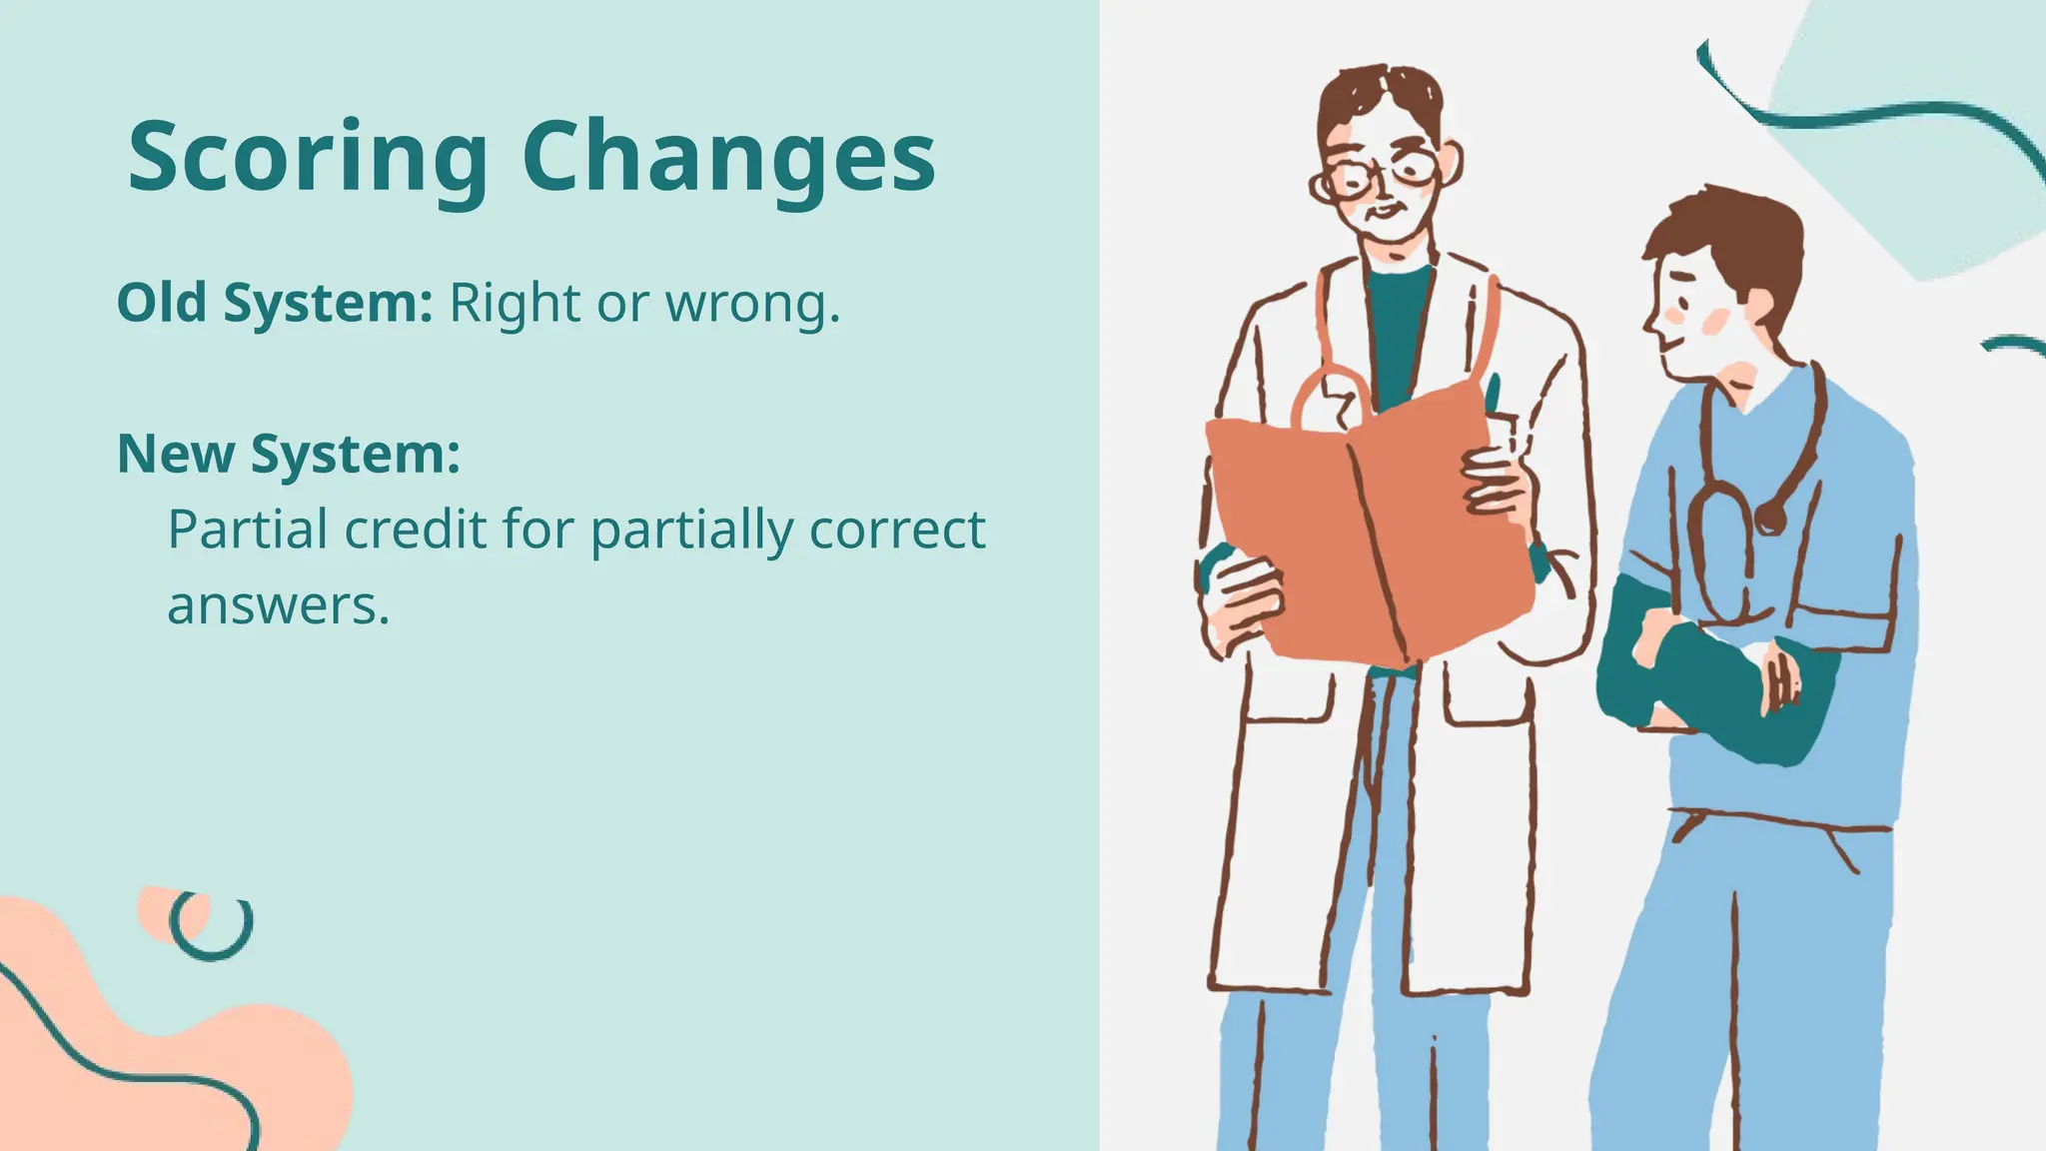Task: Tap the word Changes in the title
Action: coord(728,158)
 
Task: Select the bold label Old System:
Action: coord(275,303)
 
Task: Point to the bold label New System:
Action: coord(289,454)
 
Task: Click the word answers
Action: coord(278,605)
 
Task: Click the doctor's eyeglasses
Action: coord(1384,176)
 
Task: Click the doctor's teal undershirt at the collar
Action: coord(1399,300)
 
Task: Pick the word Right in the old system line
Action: coord(513,304)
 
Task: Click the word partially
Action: coord(690,531)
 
